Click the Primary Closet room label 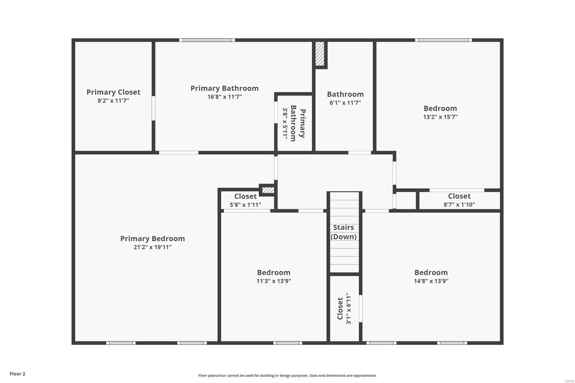click(x=113, y=92)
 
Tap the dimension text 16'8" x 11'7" click(x=225, y=97)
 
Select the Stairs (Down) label click(x=344, y=232)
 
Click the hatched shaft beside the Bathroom click(x=320, y=54)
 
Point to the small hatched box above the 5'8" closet click(x=268, y=190)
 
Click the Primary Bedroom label click(x=152, y=239)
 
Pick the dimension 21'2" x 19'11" click(x=152, y=247)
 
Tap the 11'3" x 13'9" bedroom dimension click(x=273, y=281)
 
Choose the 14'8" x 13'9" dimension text click(x=431, y=281)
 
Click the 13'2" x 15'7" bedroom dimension click(x=440, y=117)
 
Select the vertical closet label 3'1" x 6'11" click(x=344, y=308)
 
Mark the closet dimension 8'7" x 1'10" click(x=459, y=205)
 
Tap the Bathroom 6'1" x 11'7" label click(x=345, y=98)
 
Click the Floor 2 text click(x=17, y=374)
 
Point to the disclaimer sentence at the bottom click(x=287, y=375)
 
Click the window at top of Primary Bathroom click(x=207, y=40)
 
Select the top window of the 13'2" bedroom click(x=443, y=40)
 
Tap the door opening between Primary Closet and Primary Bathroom click(x=153, y=108)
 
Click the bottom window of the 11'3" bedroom click(x=287, y=343)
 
